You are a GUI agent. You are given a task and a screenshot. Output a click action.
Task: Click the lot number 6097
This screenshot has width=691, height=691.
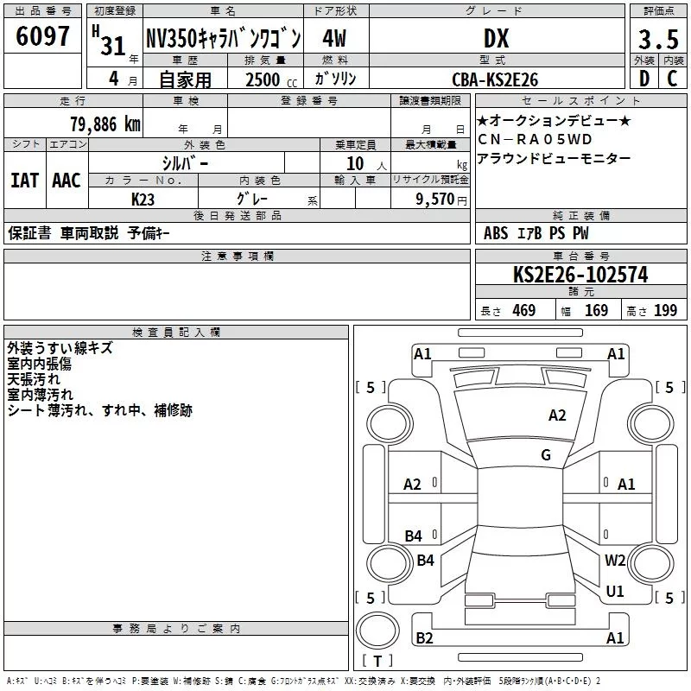42,36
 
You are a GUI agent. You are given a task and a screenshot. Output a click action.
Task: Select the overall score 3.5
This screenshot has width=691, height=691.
658,39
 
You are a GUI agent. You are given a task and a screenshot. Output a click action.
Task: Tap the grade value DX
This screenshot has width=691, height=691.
496,38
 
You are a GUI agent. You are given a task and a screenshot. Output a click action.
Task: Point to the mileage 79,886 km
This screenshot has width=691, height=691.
105,124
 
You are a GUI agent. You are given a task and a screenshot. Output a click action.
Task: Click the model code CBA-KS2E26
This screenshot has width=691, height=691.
495,79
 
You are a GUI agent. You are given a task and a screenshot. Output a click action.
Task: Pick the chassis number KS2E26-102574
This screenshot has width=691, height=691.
580,275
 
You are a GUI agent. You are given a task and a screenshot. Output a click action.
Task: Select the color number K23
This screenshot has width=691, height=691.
143,200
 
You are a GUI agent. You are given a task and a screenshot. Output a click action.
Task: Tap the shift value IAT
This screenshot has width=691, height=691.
25,181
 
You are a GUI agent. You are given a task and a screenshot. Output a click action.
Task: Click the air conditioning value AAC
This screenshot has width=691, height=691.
67,181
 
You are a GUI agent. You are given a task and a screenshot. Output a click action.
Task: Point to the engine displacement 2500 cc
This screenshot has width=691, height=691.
271,79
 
